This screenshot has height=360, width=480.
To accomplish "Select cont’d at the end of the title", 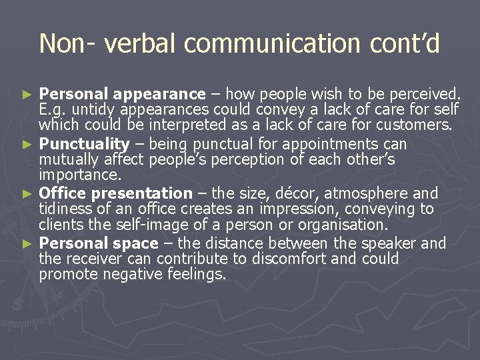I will [x=403, y=43].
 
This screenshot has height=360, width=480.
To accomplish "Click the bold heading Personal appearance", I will [x=123, y=93].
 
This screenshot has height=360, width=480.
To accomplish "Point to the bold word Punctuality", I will [x=84, y=143].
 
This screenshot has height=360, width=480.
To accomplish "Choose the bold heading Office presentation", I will [x=115, y=193].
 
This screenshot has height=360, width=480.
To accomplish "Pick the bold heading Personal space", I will [x=99, y=243].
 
